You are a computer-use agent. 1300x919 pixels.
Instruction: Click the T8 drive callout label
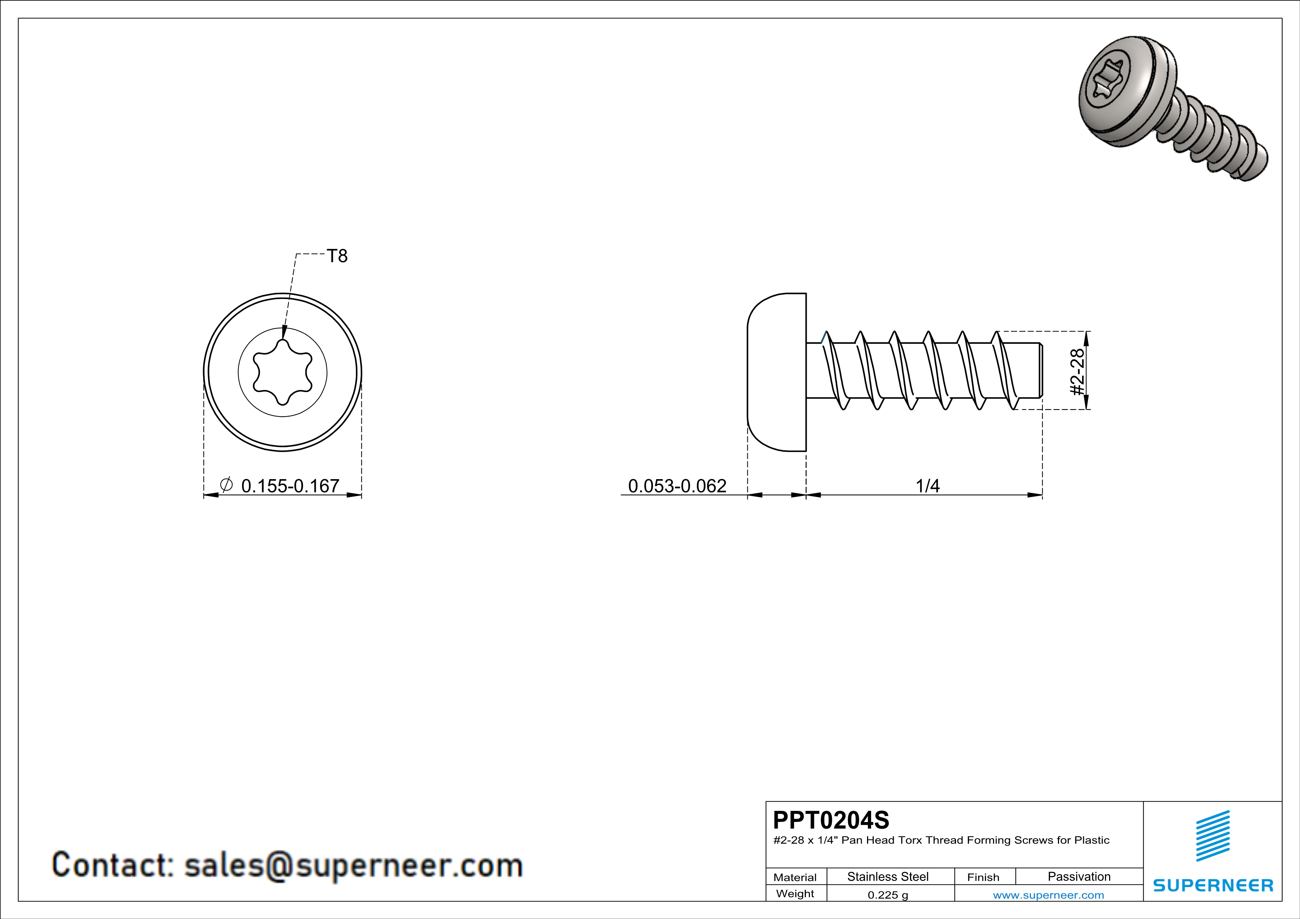pos(337,256)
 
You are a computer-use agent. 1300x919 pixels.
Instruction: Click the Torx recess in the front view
pos(282,372)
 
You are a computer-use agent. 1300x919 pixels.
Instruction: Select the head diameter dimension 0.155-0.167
pos(290,485)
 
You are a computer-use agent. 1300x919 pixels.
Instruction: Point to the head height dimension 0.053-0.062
pos(677,485)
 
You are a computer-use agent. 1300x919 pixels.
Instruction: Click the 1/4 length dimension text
pos(927,485)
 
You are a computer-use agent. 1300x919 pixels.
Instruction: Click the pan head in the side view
pos(777,372)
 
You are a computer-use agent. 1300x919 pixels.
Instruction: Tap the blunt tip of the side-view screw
pos(1040,370)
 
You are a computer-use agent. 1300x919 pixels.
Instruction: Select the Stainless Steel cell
pos(888,876)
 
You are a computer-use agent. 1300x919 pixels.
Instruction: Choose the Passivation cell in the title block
pos(1079,876)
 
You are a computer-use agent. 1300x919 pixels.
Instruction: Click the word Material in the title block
pos(795,877)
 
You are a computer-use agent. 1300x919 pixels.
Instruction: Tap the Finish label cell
pos(983,877)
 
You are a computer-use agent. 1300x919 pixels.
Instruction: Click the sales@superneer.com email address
pos(353,865)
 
